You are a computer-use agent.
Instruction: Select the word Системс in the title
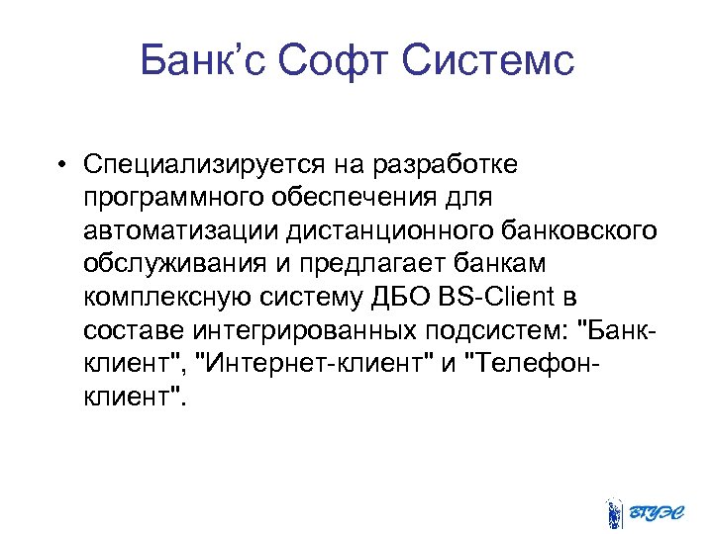(x=489, y=61)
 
